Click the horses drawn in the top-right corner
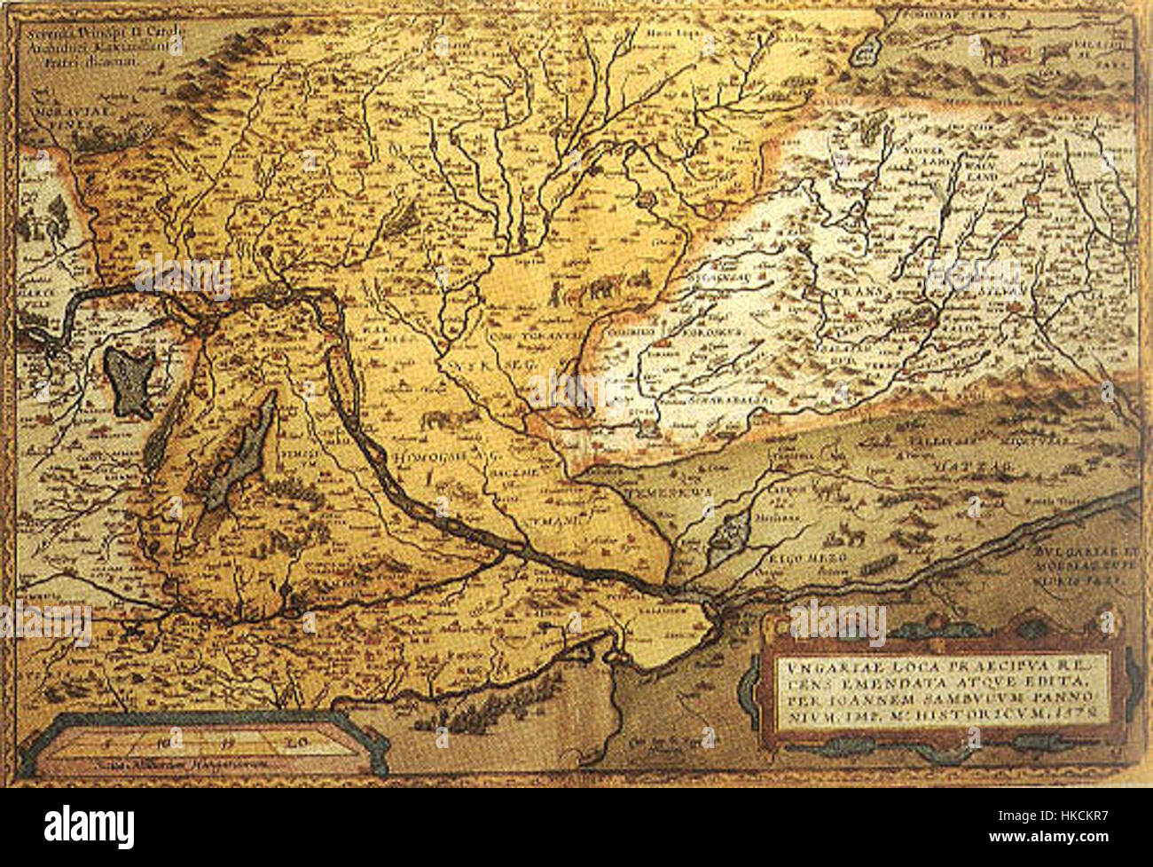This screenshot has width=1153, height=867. pos(1004,52)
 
